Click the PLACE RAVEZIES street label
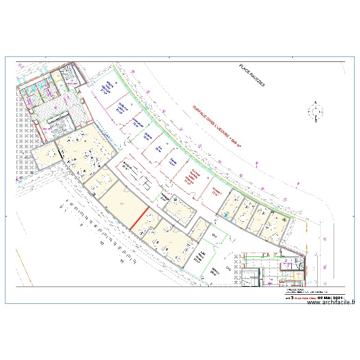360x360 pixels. (252, 75)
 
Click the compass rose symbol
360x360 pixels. (315, 112)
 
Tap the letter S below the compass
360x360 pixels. (315, 121)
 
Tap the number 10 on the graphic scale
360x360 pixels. (101, 243)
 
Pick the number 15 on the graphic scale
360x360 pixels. (123, 262)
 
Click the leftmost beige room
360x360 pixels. (47, 156)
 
